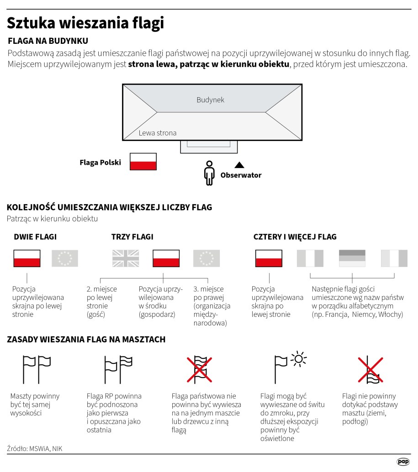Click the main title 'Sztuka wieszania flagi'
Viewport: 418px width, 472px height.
coord(85,23)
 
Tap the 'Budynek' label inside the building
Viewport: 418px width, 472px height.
coord(210,100)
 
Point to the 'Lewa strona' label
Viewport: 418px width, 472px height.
coord(158,133)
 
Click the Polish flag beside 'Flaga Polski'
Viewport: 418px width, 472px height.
coord(143,162)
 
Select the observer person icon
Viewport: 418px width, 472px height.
coord(209,173)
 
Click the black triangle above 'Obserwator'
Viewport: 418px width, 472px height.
coord(239,165)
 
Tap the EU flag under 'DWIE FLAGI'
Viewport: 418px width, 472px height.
coord(65,258)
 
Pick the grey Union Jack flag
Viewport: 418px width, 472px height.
coord(126,258)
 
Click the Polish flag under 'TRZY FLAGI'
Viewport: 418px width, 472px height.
coord(166,258)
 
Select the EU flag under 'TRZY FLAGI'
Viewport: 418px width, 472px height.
coord(206,258)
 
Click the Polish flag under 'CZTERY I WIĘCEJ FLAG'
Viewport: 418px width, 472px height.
coord(269,258)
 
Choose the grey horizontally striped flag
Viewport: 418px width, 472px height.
coord(352,258)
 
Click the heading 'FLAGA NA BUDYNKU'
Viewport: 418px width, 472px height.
coord(48,41)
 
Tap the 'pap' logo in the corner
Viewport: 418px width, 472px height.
coord(402,462)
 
